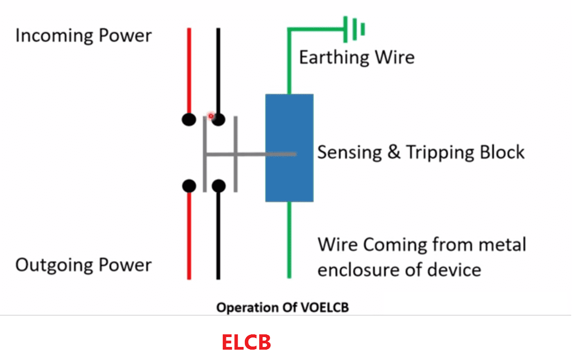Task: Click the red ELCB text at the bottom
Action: click(246, 342)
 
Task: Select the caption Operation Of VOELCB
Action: click(282, 308)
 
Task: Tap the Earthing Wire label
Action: click(357, 58)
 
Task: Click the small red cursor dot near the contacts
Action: click(210, 116)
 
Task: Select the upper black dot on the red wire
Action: click(189, 119)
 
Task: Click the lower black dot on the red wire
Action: click(189, 185)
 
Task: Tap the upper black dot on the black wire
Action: click(218, 119)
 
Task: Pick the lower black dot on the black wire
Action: click(218, 185)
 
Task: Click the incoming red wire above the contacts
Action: click(189, 67)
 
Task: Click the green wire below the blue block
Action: click(289, 238)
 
